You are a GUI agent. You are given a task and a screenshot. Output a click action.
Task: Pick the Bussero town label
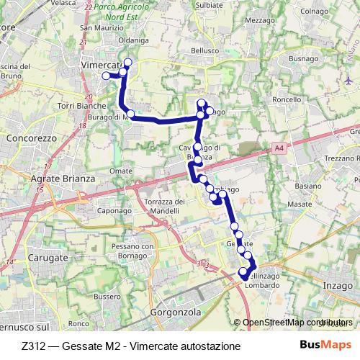click(x=107, y=296)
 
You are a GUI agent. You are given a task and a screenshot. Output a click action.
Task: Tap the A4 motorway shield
click(x=279, y=148)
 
